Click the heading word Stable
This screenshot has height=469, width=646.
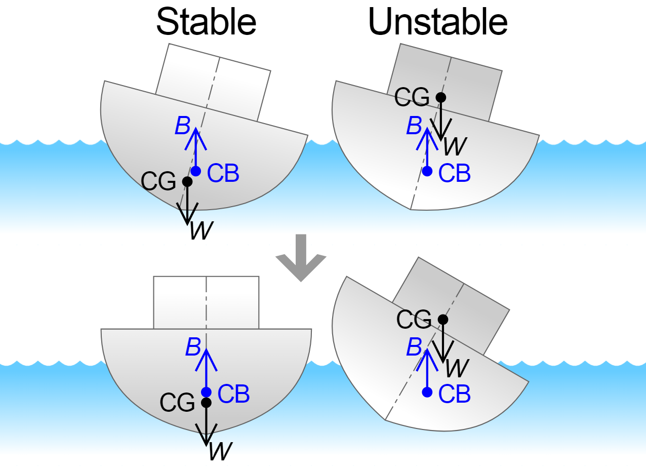(x=206, y=22)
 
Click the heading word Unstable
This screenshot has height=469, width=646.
(x=438, y=22)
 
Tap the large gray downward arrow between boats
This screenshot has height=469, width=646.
(x=301, y=259)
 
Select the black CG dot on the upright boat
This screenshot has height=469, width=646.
(x=206, y=403)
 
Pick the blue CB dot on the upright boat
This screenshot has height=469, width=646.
(x=206, y=392)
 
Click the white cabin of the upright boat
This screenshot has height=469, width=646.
(x=206, y=302)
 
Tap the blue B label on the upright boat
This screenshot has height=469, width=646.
(x=193, y=347)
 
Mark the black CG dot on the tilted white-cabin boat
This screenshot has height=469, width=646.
(x=187, y=181)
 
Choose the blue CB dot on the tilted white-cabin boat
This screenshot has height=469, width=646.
(x=196, y=171)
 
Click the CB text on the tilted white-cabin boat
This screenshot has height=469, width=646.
(x=223, y=174)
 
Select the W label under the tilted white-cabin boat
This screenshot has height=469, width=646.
(x=201, y=231)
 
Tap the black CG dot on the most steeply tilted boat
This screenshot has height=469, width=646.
(x=443, y=319)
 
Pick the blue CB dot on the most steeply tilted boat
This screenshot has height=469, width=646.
(x=427, y=392)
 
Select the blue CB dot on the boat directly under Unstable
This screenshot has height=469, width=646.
(x=427, y=171)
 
